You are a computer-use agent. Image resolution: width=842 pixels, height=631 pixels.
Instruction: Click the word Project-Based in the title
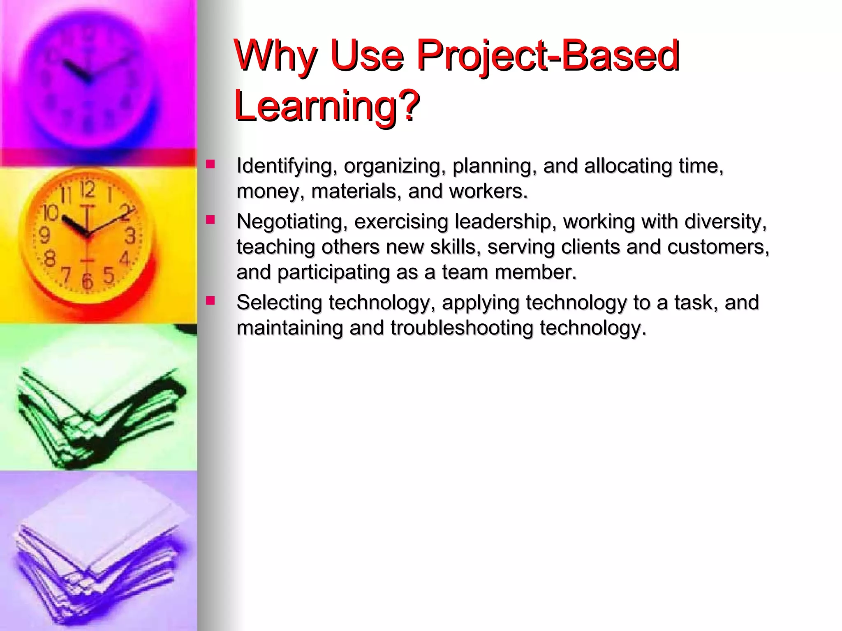[548, 55]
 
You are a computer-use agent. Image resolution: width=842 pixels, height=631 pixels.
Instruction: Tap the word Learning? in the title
[327, 106]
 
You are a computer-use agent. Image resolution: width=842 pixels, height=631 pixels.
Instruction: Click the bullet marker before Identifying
[210, 165]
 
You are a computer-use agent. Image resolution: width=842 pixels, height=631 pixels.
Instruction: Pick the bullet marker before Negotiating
[210, 220]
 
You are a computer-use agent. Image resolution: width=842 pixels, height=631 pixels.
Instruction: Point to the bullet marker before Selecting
[210, 301]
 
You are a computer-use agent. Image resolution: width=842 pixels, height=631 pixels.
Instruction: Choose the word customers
[718, 247]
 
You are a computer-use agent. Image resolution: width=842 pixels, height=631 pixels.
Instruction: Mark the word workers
[488, 191]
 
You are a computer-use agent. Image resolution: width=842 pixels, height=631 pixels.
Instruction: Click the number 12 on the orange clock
[87, 189]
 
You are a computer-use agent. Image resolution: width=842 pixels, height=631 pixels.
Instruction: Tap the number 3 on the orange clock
[130, 236]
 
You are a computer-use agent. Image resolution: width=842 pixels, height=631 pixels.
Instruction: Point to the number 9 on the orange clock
[44, 236]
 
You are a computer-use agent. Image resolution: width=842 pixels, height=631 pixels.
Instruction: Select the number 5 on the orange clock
[108, 275]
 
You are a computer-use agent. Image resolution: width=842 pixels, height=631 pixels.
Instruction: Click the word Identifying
[284, 166]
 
